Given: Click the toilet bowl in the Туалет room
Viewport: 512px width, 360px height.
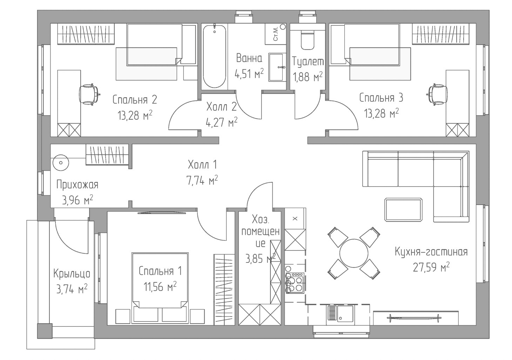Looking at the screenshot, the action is tap(308, 41).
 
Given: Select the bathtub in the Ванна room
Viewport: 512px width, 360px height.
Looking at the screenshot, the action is tap(214, 56).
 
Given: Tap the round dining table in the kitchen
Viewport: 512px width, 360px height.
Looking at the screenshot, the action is tap(353, 253).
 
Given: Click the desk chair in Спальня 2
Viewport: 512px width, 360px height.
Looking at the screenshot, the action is tap(89, 94).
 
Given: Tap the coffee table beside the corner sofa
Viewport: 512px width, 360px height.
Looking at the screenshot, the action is tap(403, 209).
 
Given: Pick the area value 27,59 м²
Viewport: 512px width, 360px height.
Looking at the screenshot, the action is tap(431, 267).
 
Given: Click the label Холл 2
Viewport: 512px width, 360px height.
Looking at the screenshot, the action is tap(221, 107).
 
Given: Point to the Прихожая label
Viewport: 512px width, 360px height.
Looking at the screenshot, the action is tap(77, 185).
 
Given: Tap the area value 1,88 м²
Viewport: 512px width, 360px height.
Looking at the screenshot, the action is tap(308, 76).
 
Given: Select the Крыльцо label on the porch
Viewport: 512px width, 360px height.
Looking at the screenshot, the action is tap(72, 274).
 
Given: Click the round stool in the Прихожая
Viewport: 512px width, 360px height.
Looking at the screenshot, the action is tap(61, 162).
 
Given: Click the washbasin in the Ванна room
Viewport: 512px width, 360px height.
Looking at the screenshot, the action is tap(277, 67).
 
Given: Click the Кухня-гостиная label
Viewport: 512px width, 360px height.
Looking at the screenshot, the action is tap(431, 252).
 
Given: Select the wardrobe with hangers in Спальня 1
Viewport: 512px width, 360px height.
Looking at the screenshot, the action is tap(224, 289).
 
